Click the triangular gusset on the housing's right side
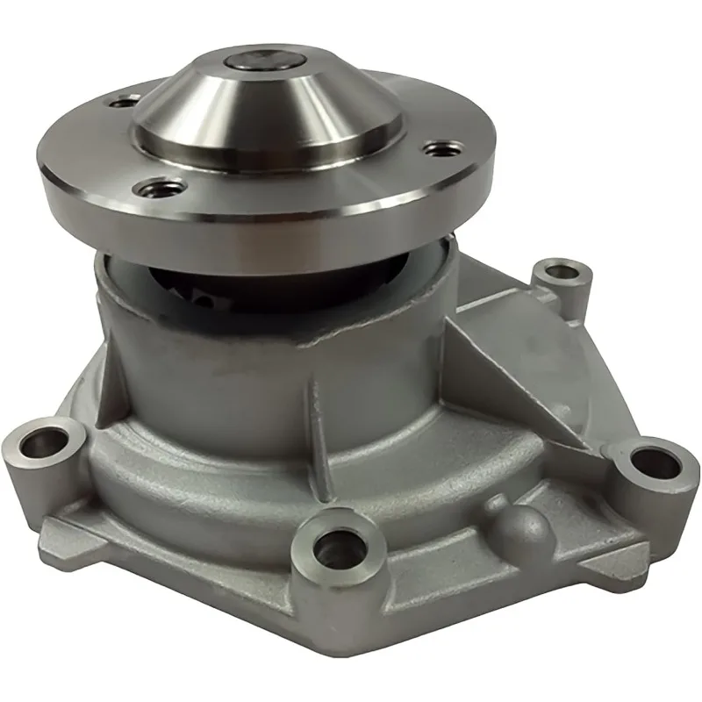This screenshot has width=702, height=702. point(518,351)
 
